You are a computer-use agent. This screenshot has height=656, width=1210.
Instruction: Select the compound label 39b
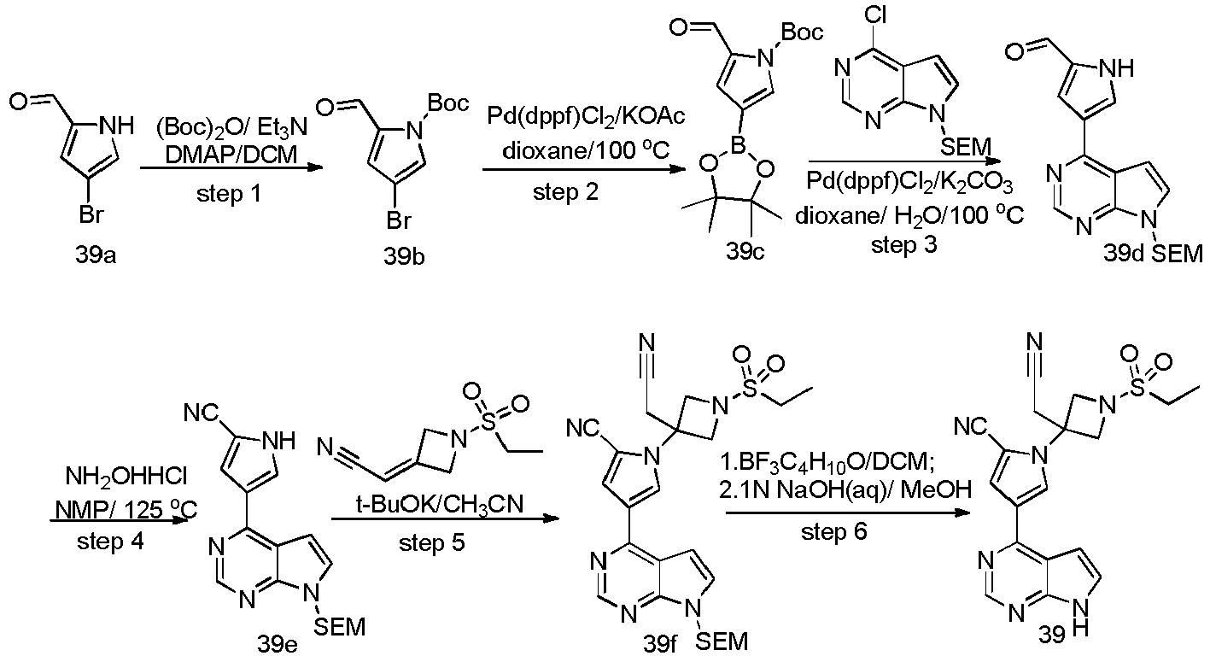point(404,256)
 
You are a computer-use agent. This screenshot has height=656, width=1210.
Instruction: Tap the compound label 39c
point(745,251)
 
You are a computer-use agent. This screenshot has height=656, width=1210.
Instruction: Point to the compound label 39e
point(277,644)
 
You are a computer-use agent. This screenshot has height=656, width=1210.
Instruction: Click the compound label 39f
point(659,644)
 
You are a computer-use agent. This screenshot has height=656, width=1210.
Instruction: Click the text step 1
point(229,193)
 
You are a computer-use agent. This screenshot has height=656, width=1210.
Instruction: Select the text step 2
point(565,191)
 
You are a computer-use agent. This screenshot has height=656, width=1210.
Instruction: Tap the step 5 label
point(431,542)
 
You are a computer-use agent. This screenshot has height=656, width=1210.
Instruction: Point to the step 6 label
point(833,531)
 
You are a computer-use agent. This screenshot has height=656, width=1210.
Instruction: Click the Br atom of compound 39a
point(91,215)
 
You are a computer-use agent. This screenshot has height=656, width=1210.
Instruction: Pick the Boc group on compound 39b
point(447,102)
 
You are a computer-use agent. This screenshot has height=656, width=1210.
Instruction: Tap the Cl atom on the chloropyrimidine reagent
point(875,14)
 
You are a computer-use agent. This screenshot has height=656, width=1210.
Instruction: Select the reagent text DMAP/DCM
point(231,155)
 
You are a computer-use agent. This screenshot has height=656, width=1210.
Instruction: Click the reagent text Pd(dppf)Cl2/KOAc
point(586,116)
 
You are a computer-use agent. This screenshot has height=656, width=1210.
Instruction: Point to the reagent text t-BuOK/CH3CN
point(440,504)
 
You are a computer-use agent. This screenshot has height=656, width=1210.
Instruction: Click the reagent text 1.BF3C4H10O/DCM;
point(832,463)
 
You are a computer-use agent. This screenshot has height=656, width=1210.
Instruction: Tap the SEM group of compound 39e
point(339,627)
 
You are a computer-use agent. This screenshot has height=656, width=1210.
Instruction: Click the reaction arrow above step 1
point(231,168)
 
